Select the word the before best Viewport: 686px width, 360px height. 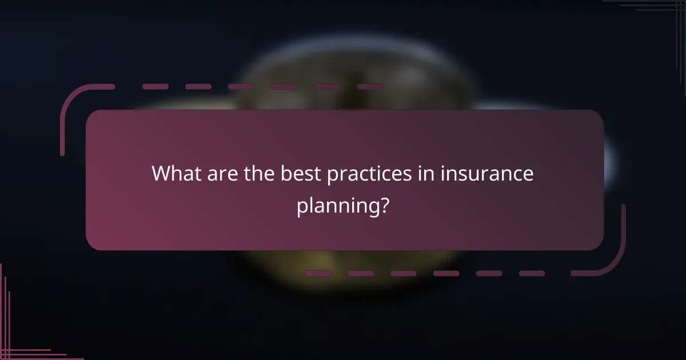[260, 174]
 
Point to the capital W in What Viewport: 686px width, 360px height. [162, 174]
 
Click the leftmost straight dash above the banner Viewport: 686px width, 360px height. [155, 87]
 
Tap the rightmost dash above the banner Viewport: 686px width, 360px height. [370, 87]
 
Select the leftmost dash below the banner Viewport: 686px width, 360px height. [317, 274]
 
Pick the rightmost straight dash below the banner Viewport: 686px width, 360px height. [532, 274]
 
